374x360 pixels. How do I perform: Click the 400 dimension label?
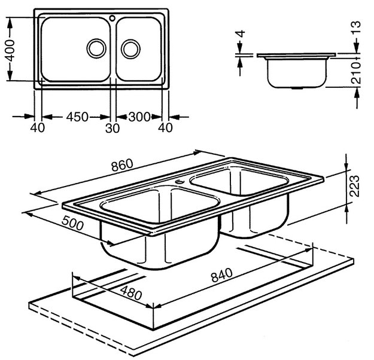pyautogui.click(x=10, y=50)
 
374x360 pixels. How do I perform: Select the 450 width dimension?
pyautogui.click(x=77, y=117)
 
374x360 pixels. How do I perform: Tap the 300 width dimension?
pyautogui.click(x=139, y=117)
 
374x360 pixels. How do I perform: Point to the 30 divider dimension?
pyautogui.click(x=112, y=128)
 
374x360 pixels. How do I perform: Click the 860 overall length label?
pyautogui.click(x=122, y=165)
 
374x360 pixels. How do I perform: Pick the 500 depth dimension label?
pyautogui.click(x=73, y=223)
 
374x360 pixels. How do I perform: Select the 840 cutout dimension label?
pyautogui.click(x=221, y=275)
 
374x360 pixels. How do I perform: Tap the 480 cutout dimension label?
pyautogui.click(x=131, y=293)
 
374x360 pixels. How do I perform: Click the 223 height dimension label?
pyautogui.click(x=354, y=186)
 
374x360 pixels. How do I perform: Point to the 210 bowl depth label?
pyautogui.click(x=357, y=73)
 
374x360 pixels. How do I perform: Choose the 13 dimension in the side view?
pyautogui.click(x=356, y=28)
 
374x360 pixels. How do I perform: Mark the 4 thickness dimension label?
pyautogui.click(x=241, y=33)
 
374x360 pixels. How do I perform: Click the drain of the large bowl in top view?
pyautogui.click(x=96, y=48)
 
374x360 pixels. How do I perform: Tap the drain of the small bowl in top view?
pyautogui.click(x=130, y=49)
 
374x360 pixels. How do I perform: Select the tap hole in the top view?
pyautogui.click(x=112, y=18)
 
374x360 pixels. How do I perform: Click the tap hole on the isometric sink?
pyautogui.click(x=180, y=182)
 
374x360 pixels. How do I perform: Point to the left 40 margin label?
pyautogui.click(x=38, y=128)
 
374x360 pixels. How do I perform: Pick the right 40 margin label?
pyautogui.click(x=165, y=128)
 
